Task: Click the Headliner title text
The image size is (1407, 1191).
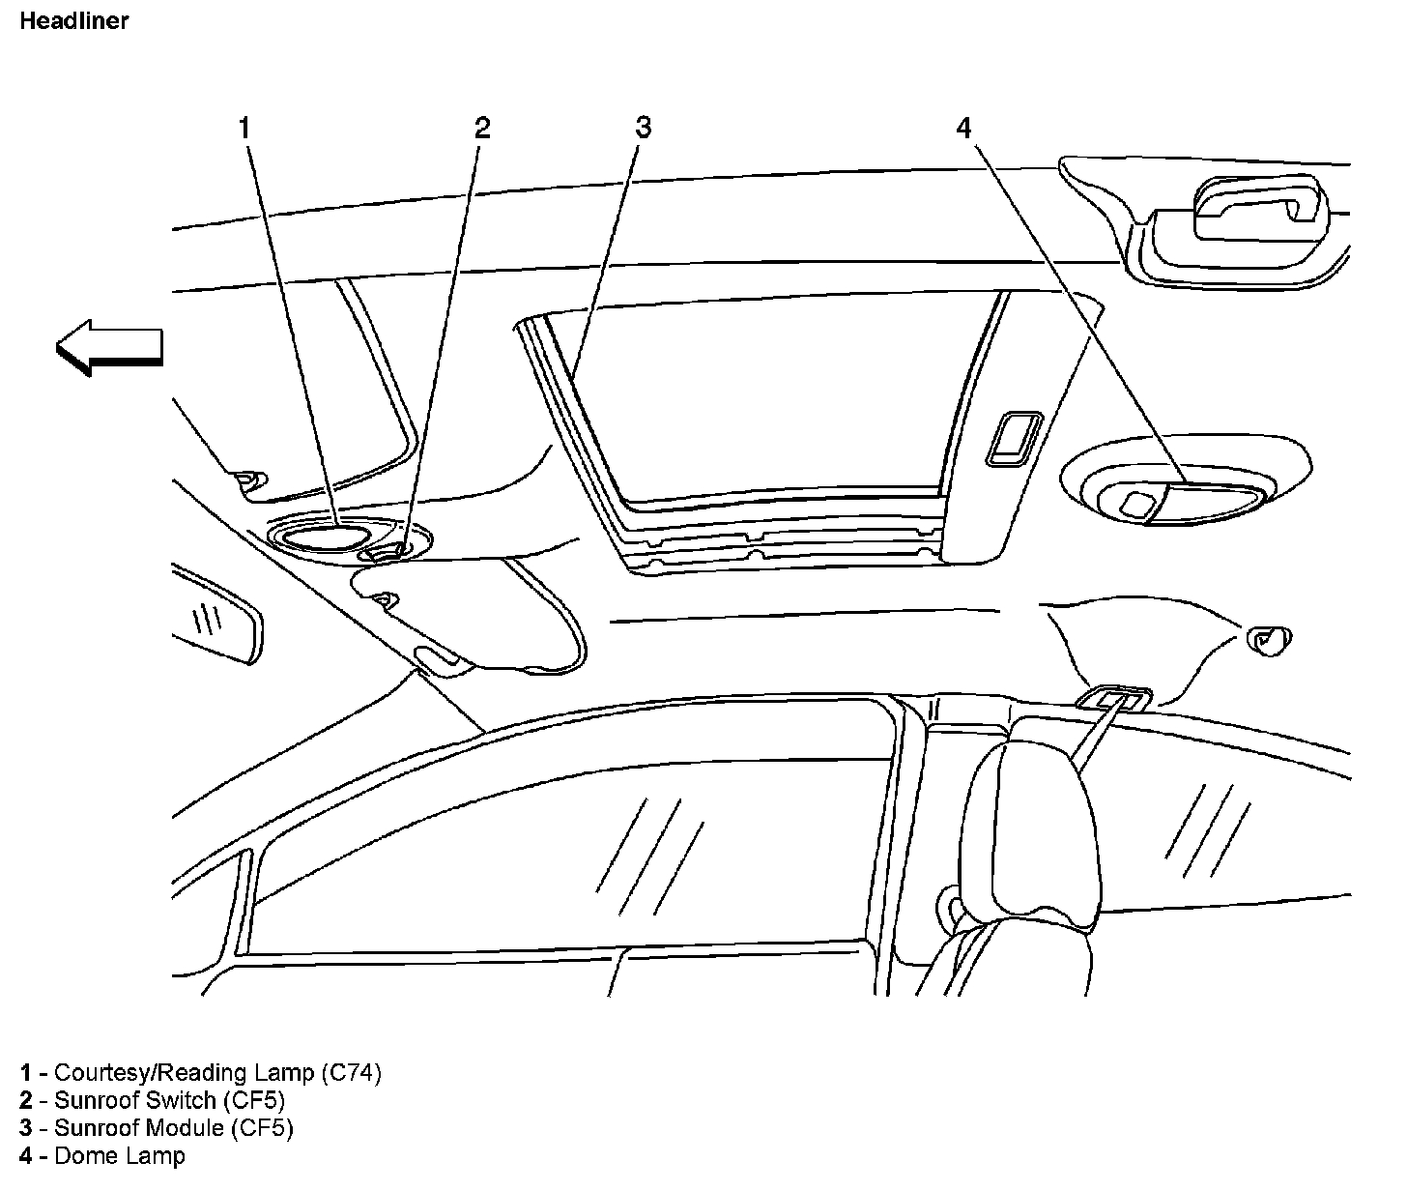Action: coord(73,20)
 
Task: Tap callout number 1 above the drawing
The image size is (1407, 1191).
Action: coord(244,128)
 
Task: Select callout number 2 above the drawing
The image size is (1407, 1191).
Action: coord(481,128)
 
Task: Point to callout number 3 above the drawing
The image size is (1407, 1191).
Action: coord(644,128)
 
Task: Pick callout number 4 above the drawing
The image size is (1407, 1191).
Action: coord(963,128)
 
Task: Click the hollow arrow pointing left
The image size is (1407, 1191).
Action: coord(108,347)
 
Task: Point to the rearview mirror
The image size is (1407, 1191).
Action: coord(216,620)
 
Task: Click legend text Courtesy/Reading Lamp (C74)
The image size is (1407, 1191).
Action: coord(217,1072)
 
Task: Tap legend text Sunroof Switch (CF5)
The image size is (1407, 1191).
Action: coord(169,1100)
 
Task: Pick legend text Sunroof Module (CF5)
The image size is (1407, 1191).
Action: coord(173,1127)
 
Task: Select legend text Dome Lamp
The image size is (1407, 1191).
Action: coord(119,1155)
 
